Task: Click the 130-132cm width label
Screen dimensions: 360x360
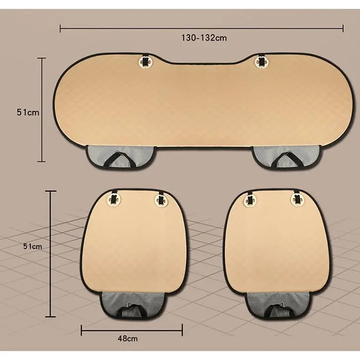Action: [204, 38]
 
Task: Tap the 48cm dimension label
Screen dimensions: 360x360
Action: [128, 338]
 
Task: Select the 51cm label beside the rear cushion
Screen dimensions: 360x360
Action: [28, 112]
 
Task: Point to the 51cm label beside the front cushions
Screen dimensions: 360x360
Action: [33, 246]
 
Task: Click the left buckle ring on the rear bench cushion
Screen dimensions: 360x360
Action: [145, 61]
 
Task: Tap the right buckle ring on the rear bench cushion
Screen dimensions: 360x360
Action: [261, 61]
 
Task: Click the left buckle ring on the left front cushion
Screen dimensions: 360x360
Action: [114, 199]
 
